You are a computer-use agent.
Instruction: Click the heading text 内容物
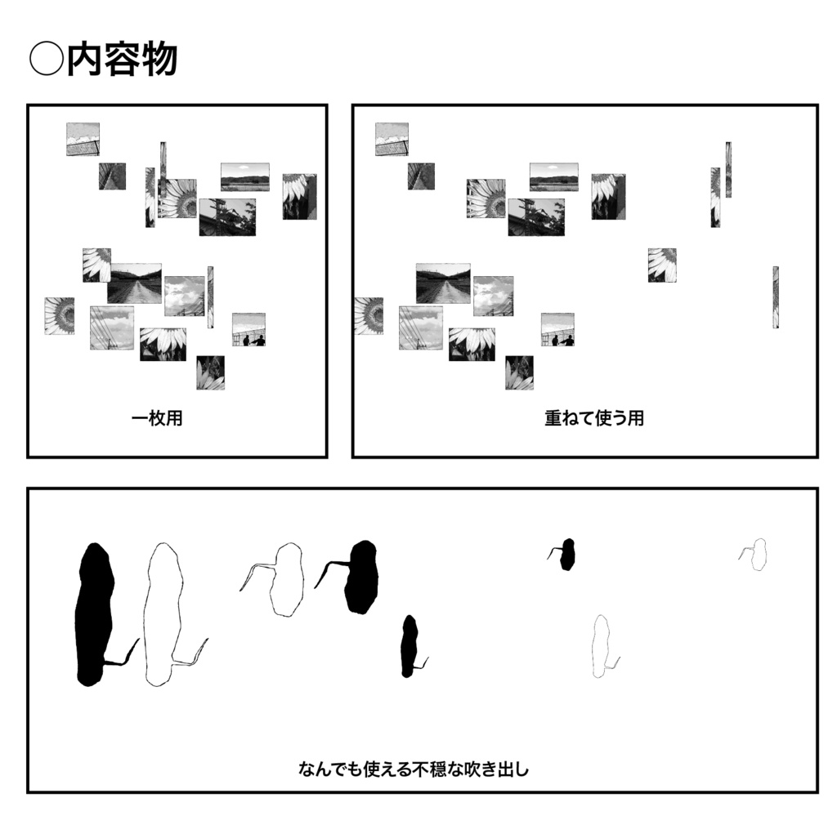tap(122, 60)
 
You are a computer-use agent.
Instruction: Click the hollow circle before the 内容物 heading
tap(45, 60)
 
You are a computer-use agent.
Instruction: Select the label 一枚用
tap(157, 419)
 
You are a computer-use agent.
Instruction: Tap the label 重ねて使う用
tap(594, 418)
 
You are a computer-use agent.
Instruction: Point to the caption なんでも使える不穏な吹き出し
tap(414, 769)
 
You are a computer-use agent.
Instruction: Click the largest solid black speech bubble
tap(94, 613)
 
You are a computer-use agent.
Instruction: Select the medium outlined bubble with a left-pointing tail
tap(286, 580)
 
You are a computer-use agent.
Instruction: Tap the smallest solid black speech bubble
tap(567, 555)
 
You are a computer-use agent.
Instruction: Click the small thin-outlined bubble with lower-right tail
tap(602, 645)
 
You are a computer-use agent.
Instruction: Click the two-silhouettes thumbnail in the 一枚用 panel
tap(248, 329)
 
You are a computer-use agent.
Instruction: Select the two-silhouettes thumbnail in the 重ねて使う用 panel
tap(557, 329)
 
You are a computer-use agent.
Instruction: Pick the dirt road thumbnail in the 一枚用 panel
tap(134, 283)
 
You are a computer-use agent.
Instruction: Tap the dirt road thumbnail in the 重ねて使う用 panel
tap(443, 283)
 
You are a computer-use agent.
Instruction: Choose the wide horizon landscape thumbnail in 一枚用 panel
tap(244, 176)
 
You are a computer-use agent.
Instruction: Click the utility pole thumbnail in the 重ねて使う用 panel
tap(535, 216)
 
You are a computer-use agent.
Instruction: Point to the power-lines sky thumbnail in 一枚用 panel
tap(112, 328)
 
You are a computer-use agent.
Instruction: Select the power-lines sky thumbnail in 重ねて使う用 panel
tap(421, 328)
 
